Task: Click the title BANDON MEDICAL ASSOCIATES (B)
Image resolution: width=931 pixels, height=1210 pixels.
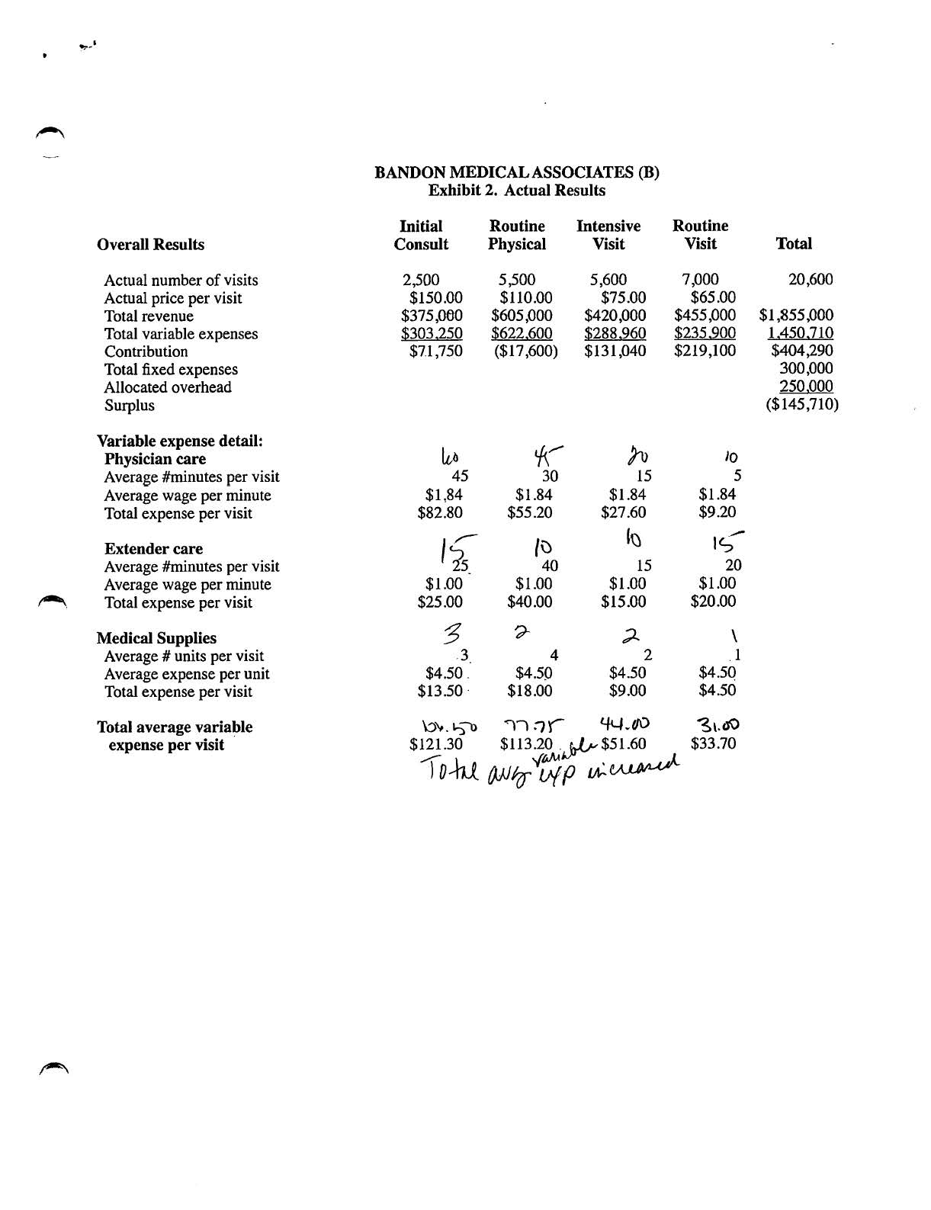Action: click(x=517, y=172)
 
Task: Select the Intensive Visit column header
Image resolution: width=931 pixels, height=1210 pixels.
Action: click(x=608, y=235)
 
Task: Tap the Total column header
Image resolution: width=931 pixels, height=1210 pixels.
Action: click(x=793, y=244)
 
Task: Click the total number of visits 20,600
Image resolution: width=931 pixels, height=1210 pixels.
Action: click(x=810, y=280)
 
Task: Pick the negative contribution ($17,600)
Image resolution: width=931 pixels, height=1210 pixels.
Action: click(x=525, y=351)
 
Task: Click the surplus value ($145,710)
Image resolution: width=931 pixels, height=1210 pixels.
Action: click(x=802, y=405)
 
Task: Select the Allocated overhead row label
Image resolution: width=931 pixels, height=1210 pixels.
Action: click(x=168, y=387)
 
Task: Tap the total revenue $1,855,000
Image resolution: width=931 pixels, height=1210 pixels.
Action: click(x=796, y=316)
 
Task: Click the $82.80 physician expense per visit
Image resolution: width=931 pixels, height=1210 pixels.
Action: click(x=440, y=513)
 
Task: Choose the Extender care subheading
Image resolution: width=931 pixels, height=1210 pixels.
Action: click(x=153, y=549)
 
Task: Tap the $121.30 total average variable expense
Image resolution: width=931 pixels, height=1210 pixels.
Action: click(x=435, y=744)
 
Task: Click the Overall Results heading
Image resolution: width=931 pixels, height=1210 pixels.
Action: click(x=151, y=245)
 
